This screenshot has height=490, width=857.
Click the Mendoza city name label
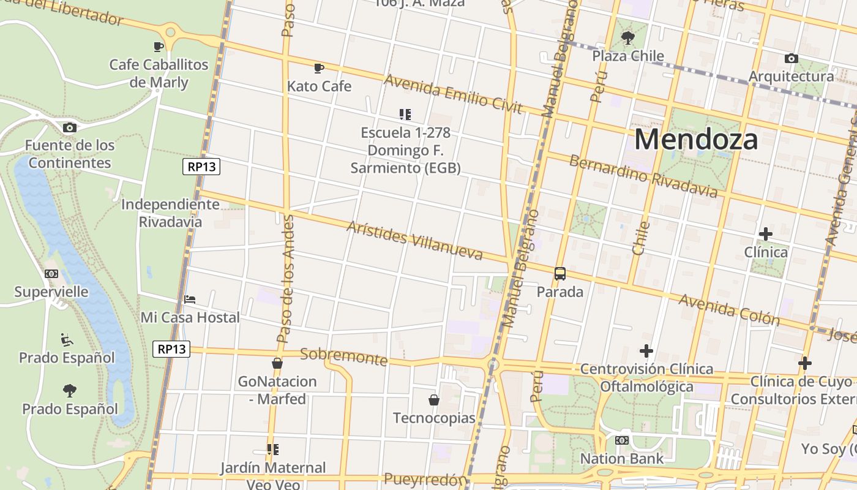pos(696,140)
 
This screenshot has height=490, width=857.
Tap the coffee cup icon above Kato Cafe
pos(318,68)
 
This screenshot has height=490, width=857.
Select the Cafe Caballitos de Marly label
pos(159,73)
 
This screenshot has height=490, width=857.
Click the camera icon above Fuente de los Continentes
pos(70,127)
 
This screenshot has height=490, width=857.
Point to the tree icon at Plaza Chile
pos(627,39)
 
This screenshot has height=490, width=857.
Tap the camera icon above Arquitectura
pos(791,59)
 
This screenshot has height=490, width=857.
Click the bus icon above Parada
pos(559,274)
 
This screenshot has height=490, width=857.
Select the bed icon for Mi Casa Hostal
pos(190,300)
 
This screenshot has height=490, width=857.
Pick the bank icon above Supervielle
pos(51,274)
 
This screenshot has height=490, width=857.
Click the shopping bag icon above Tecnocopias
pos(434,400)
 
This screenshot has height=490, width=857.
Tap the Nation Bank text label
pos(621,458)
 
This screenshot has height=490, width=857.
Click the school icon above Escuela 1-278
pos(405,114)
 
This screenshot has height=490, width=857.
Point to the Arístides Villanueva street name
pos(414,239)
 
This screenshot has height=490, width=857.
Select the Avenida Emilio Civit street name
pos(452,94)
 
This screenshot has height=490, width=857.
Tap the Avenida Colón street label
pos(728,309)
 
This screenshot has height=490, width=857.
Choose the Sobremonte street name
pos(343,356)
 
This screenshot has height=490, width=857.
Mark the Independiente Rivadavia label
pos(170,213)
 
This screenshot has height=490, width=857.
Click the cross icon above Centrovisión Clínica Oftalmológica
pos(646,351)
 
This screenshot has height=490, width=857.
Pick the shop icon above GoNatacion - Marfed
pos(277,363)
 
